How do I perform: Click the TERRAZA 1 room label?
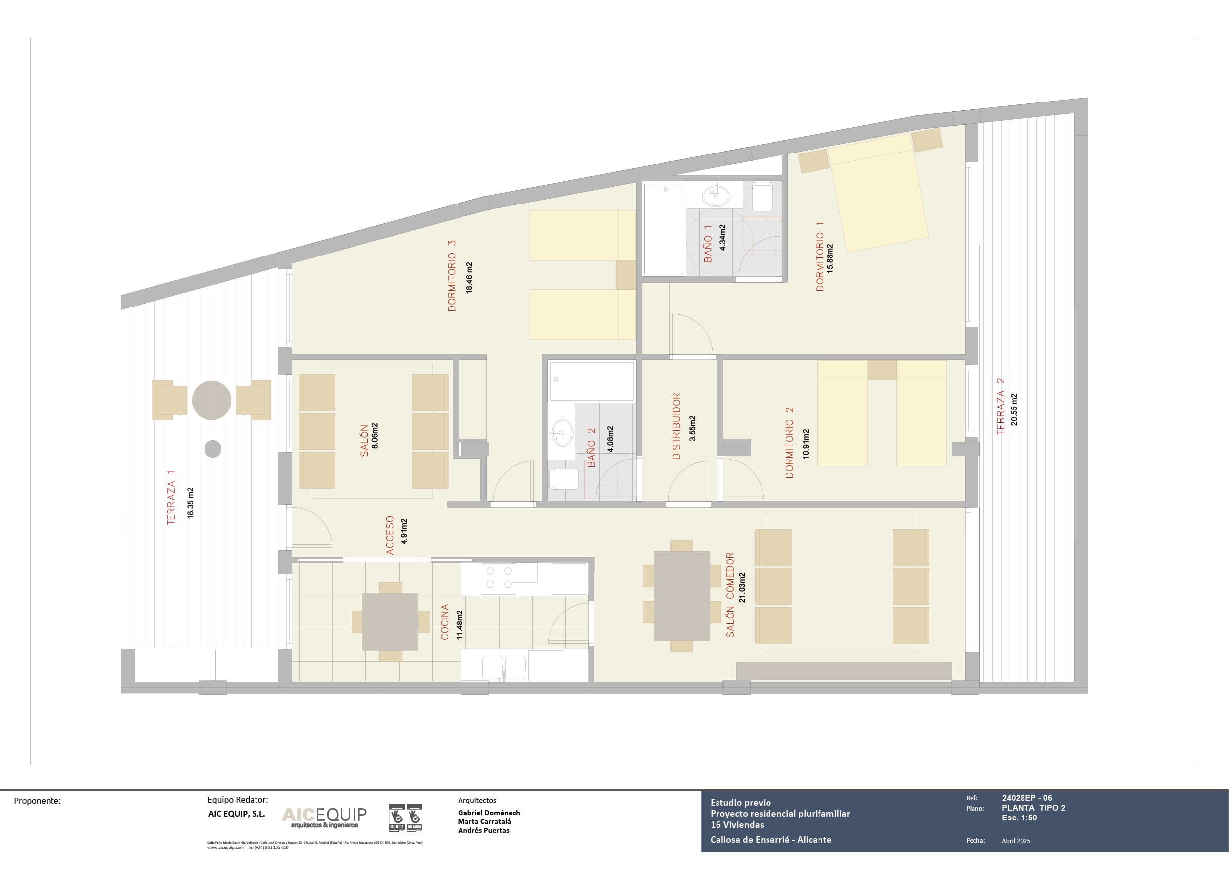[171, 498]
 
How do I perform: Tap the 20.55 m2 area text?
[1014, 409]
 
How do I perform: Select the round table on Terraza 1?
[211, 400]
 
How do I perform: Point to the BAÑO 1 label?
[708, 244]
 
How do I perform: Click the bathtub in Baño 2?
[592, 381]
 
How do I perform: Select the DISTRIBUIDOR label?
[676, 426]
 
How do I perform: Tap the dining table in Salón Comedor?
[681, 595]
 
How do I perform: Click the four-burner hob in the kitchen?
[498, 578]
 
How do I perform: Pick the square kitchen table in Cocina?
[390, 621]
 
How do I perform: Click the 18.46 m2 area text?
[469, 277]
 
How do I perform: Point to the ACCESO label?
[390, 535]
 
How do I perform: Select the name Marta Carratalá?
[484, 821]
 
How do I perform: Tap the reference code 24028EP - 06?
[1026, 798]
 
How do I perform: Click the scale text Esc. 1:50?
[1019, 818]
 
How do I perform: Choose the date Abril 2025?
[1016, 841]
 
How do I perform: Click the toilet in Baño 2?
[563, 479]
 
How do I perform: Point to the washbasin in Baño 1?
[716, 196]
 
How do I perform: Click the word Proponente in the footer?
[37, 801]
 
